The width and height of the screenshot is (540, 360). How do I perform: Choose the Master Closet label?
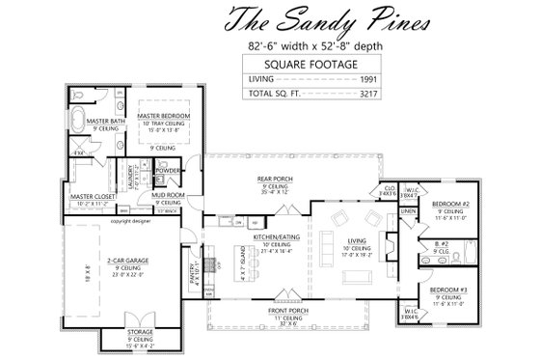coord(92,197)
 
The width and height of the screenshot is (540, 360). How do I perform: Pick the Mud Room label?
coord(169,196)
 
